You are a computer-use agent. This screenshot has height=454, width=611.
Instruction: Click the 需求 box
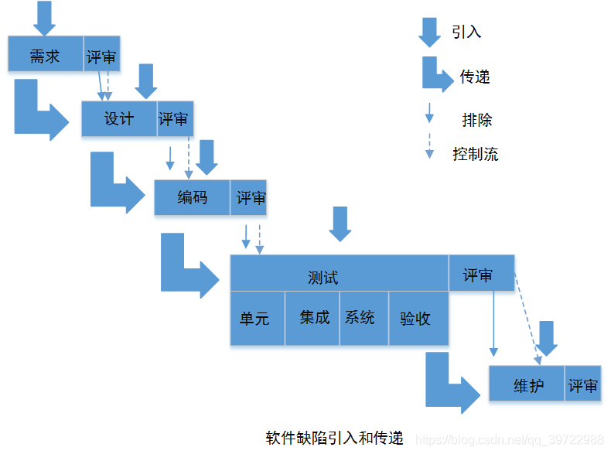pos(45,55)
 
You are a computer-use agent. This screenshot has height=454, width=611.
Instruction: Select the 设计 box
pos(119,119)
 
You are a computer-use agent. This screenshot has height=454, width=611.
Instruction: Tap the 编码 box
pos(192,197)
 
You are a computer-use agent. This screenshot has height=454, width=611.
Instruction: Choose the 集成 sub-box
pos(313,318)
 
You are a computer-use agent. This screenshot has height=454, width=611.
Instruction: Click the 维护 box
pos(527,384)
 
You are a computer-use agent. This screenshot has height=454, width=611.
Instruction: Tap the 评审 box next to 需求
pos(102,55)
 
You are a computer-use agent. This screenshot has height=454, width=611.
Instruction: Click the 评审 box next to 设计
pos(175,119)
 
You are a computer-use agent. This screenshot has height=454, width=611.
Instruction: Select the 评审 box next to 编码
pos(249,197)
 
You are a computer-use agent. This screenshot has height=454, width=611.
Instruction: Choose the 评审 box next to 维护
pos(583,384)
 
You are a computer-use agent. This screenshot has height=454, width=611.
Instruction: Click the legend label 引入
pos(466,32)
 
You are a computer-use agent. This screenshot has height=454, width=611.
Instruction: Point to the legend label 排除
pos(476,120)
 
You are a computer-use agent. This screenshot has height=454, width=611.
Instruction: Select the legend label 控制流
pos(476,153)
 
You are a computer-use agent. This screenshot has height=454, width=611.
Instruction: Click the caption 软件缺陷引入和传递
pos(335,437)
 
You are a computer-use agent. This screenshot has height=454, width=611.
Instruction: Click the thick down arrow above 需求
pos(45,17)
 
